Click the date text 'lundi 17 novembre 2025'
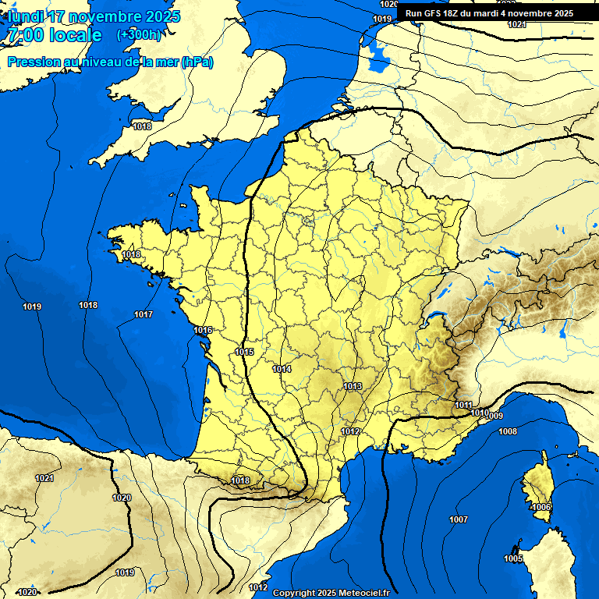(x=94, y=16)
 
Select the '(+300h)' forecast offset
(x=138, y=35)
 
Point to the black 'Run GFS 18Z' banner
(x=489, y=13)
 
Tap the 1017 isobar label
(x=144, y=314)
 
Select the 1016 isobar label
(x=204, y=331)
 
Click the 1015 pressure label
(x=244, y=353)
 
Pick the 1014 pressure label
(x=282, y=369)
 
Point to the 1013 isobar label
(x=353, y=386)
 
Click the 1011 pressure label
(x=463, y=405)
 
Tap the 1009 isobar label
(x=494, y=416)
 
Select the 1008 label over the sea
(x=508, y=431)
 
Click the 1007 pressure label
(x=459, y=519)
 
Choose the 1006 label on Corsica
(x=541, y=508)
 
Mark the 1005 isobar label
(x=512, y=559)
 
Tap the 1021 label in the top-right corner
(x=516, y=24)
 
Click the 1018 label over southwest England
(x=142, y=126)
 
